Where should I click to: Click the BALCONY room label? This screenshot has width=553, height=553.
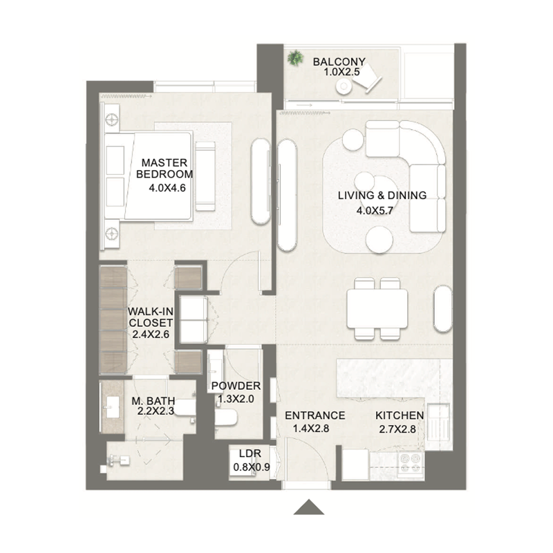tap(339, 61)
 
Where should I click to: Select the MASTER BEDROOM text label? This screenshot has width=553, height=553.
tap(166, 168)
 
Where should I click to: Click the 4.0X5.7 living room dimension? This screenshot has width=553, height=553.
tap(382, 212)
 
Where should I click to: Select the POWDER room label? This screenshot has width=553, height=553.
tap(236, 386)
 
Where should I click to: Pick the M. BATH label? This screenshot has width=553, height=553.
tap(153, 400)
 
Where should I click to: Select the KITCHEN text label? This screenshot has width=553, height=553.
tap(399, 415)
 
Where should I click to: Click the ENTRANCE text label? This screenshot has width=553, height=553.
tap(315, 415)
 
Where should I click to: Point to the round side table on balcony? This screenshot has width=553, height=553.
tap(344, 86)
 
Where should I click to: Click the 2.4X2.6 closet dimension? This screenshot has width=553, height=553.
tap(151, 334)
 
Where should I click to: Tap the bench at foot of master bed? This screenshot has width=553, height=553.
tap(205, 176)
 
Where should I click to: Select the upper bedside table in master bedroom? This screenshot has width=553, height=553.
tap(111, 120)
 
